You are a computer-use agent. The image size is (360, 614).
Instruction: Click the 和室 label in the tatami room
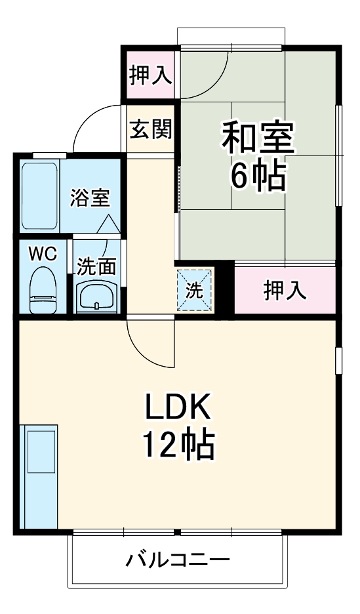coord(257,137)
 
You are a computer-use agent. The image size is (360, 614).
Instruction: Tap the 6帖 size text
coord(257,175)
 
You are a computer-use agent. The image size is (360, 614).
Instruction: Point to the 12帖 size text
coord(177,446)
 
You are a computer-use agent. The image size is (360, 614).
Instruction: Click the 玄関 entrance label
coord(150,130)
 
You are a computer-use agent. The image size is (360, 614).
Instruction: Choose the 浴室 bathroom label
coord(90,197)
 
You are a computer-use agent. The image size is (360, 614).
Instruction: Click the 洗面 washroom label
coord(96,266)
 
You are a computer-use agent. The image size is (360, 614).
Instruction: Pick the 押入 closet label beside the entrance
coord(150,75)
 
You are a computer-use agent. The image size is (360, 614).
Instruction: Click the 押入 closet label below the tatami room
coord(285,289)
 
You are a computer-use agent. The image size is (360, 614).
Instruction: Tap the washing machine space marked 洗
coord(195,290)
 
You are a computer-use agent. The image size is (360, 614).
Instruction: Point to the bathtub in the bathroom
coord(41,195)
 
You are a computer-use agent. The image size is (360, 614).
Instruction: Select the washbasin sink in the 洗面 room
coord(97,297)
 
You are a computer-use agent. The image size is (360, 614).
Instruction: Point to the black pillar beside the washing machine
coord(224,287)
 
